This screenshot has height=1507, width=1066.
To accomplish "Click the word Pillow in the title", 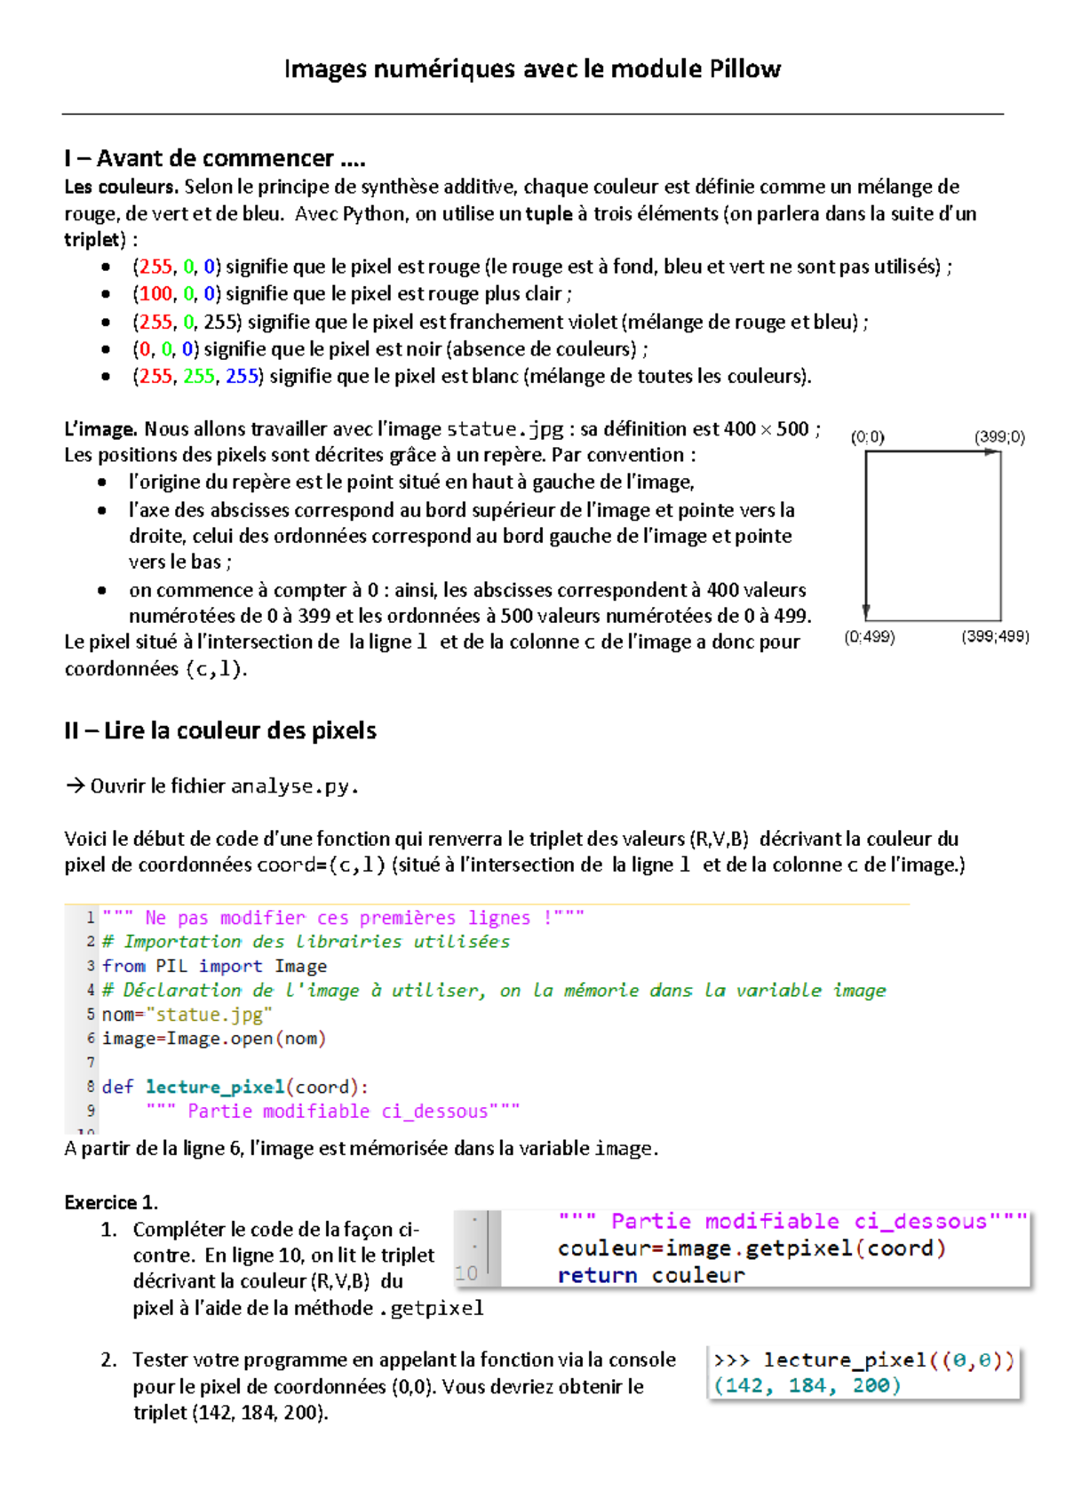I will (744, 69).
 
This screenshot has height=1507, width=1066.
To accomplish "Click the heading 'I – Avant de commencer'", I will (214, 158).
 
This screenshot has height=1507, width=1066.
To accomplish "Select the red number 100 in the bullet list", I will (155, 294).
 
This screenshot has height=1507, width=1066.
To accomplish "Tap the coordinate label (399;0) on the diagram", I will (999, 436).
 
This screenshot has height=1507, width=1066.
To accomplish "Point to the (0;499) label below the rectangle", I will (870, 637).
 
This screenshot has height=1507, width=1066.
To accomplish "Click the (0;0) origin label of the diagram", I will (867, 436).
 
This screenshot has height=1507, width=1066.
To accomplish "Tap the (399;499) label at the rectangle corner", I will (995, 637).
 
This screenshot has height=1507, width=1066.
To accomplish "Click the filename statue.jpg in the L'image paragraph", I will (505, 429).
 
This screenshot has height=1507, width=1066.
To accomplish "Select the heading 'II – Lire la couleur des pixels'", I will (220, 730).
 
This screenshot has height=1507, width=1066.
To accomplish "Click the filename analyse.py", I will (294, 786).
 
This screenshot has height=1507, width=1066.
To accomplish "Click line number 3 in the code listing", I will (91, 966).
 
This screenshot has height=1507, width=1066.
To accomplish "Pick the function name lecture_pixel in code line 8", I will (214, 1087).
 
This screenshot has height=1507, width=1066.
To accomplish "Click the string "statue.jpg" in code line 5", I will (209, 1015).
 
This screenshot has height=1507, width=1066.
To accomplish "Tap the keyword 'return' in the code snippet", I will (597, 1276).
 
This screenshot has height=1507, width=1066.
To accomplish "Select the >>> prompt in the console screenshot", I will (732, 1360).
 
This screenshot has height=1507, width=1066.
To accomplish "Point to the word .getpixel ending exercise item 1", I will (437, 1308).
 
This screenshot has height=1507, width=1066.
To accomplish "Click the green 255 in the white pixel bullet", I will (199, 376).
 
